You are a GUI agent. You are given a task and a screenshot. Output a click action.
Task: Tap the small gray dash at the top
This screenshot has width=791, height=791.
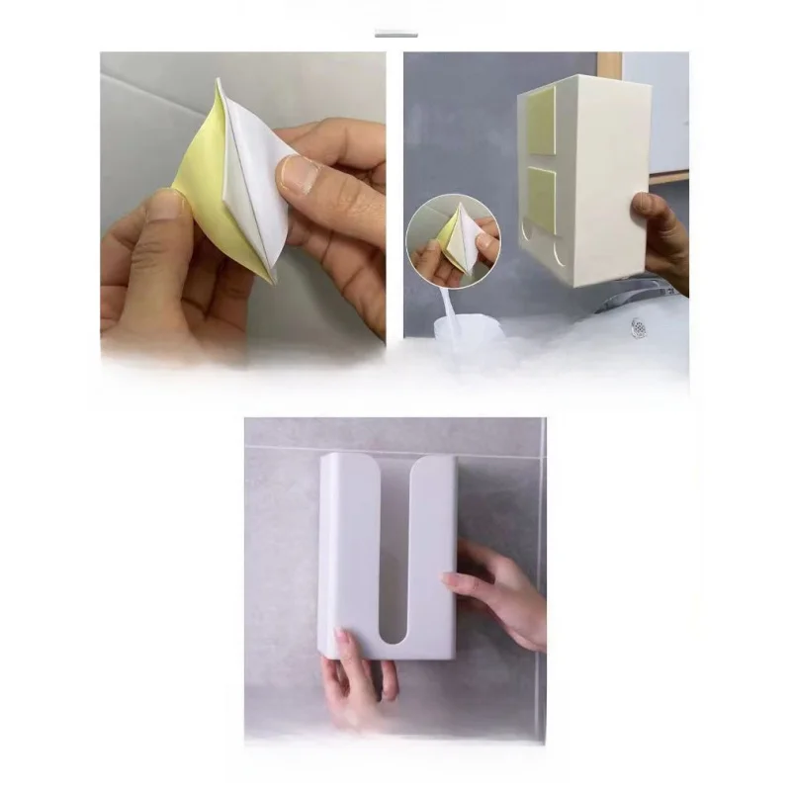(x=395, y=35)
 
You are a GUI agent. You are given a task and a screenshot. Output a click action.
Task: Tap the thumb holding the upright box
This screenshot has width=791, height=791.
(x=644, y=207)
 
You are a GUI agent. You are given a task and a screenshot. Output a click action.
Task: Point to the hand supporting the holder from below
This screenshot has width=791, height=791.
(x=356, y=682)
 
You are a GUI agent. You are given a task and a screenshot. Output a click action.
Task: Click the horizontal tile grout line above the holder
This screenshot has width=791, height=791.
(x=395, y=448)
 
